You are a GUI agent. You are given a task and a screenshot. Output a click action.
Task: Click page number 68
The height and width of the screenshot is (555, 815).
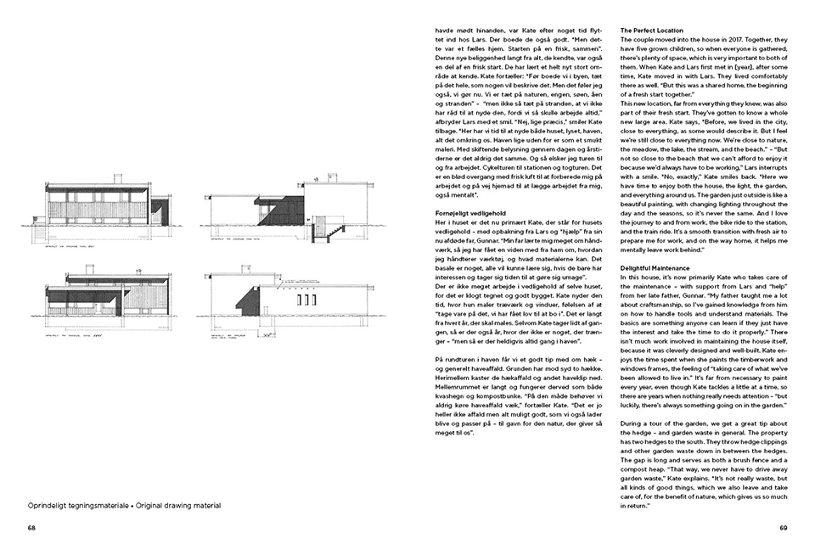[x=31, y=527]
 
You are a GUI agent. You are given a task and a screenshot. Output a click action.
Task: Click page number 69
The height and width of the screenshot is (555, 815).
[x=784, y=527]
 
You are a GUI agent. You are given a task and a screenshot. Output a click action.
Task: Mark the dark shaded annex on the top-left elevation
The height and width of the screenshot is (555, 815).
[x=156, y=207]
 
